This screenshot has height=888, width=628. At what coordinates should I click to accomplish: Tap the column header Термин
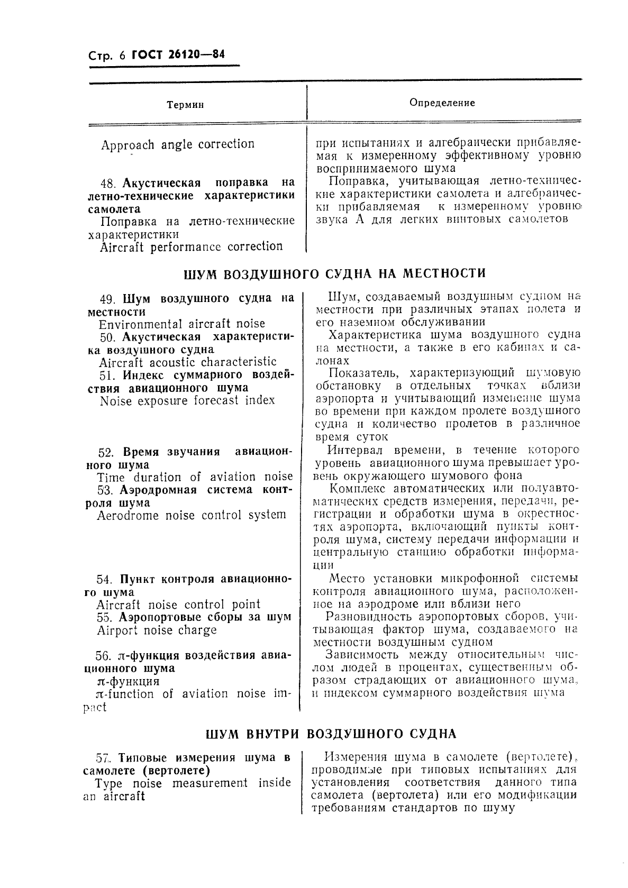[185, 105]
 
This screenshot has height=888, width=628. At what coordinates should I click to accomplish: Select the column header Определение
[442, 103]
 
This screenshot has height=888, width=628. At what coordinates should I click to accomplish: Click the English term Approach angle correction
[178, 144]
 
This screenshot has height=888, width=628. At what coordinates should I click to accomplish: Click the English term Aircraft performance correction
[192, 246]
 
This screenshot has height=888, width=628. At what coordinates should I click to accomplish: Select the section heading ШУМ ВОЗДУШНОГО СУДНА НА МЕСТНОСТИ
[334, 274]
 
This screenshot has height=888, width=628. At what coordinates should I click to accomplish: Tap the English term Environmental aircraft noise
[182, 324]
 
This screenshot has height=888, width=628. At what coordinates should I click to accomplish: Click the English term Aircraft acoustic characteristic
[188, 362]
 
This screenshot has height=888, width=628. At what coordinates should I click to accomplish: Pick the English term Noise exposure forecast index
[187, 400]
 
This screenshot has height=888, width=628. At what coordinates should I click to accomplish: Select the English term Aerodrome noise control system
[192, 515]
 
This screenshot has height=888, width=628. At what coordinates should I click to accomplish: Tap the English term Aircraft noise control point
[178, 605]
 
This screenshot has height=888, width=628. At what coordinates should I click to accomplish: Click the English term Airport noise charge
[157, 630]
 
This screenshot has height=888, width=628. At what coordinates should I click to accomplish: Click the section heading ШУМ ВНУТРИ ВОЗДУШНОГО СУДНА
[331, 734]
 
